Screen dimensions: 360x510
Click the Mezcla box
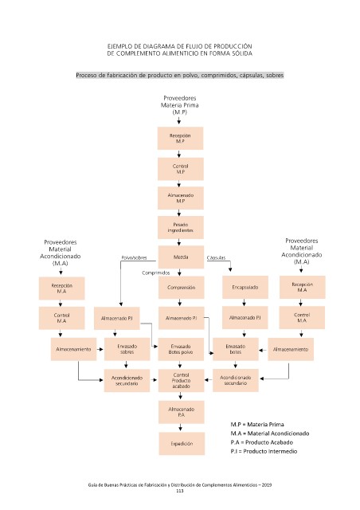(181, 257)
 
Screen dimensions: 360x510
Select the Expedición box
(182, 443)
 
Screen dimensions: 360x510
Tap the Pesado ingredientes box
(181, 227)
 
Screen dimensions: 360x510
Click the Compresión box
(181, 287)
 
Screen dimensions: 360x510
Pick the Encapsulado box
(245, 287)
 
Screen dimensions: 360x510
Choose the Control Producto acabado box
(181, 380)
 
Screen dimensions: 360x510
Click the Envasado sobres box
(127, 349)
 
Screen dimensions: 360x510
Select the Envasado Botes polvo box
(181, 349)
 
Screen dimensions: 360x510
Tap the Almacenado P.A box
(182, 412)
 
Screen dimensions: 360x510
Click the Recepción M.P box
(180, 138)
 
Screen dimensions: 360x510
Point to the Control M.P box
(181, 169)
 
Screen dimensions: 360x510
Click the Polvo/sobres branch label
(134, 257)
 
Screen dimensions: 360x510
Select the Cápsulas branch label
(216, 257)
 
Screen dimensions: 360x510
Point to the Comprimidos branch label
(156, 273)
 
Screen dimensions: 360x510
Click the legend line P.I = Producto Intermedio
(264, 451)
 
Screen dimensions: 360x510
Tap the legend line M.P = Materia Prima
(257, 425)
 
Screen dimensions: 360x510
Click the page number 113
(180, 491)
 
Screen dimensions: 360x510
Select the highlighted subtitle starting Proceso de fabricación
(180, 75)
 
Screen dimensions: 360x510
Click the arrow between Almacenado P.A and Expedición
(181, 427)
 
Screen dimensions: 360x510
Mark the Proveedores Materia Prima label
(179, 104)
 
